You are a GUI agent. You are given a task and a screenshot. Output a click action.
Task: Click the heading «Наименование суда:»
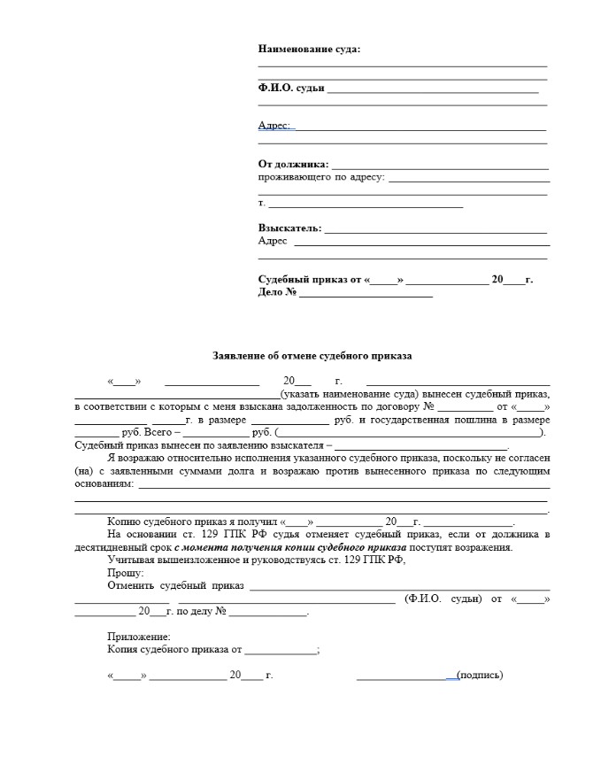point(309,49)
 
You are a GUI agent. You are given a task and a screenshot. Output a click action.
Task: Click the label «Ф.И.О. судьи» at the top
point(291,88)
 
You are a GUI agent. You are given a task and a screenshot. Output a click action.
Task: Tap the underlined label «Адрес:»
point(274,126)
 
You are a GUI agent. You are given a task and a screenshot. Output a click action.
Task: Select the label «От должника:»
point(293,164)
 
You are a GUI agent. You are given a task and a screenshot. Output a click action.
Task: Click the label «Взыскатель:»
point(289,228)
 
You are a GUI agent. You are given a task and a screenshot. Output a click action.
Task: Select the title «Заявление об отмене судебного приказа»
point(312,356)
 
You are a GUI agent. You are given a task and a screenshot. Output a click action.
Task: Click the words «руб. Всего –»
point(145,432)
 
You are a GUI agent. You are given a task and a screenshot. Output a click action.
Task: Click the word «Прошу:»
point(125,573)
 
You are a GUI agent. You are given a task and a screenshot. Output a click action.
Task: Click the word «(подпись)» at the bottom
point(480,676)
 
